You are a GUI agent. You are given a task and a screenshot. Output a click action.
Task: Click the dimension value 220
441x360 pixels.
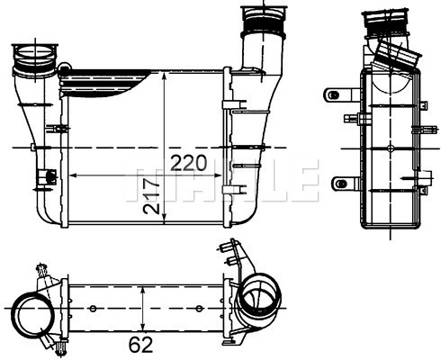188,163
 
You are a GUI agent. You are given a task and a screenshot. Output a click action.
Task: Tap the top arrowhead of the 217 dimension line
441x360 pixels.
163,77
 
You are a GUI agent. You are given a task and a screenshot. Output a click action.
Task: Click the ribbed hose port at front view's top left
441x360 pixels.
35,61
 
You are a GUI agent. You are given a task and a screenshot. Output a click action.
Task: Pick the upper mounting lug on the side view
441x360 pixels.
337,94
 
